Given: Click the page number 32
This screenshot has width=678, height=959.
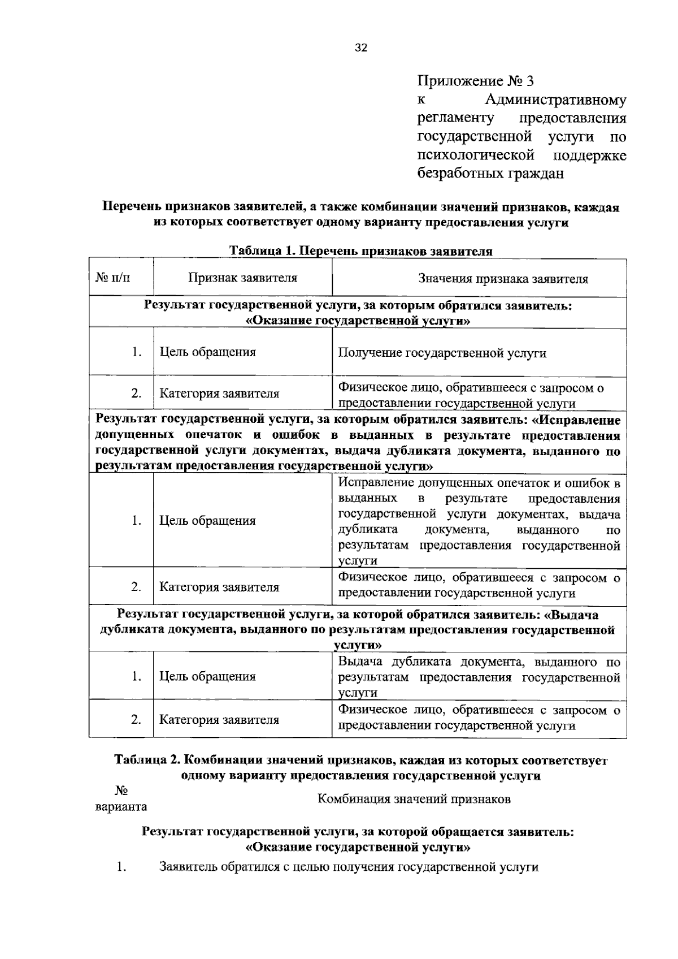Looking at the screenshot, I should tap(360, 48).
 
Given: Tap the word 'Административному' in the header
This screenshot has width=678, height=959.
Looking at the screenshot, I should tap(555, 101).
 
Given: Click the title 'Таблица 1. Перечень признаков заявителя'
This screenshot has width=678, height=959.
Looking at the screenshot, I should tap(360, 251).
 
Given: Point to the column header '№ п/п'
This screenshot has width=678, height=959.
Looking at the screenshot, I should tap(116, 278).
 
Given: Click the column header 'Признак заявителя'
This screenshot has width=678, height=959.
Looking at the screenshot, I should tap(242, 278).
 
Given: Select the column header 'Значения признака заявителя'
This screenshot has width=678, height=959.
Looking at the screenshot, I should tap(502, 279).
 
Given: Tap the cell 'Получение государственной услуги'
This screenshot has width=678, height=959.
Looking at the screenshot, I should tap(442, 353).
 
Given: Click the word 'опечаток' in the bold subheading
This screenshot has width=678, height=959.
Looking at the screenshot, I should tap(214, 436).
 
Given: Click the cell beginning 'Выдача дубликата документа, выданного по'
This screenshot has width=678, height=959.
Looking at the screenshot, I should tap(479, 677).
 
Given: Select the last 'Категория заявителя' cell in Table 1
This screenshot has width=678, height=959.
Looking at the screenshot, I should tap(219, 720).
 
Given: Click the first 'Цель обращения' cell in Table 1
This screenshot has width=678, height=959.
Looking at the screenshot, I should tap(207, 352).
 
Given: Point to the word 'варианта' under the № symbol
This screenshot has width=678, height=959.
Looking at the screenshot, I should tap(121, 807).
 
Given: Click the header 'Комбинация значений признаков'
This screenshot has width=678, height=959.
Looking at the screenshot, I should tap(414, 799).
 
